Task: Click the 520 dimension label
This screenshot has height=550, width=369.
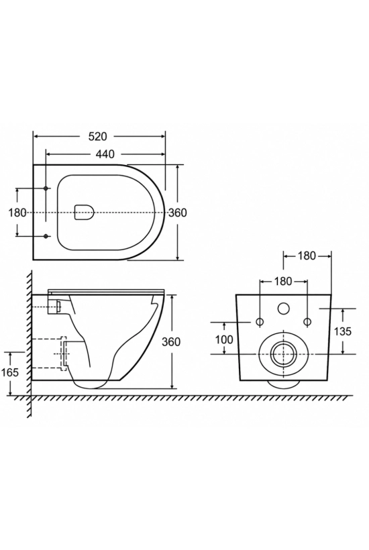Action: point(97,136)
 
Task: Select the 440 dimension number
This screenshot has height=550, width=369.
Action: point(105,154)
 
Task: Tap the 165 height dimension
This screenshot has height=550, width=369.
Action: point(10,372)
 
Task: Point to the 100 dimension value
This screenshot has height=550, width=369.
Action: point(224,339)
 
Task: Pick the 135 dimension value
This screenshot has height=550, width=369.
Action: point(342,331)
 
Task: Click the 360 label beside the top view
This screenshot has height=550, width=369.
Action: point(178,213)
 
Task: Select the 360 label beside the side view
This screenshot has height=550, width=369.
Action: point(171,341)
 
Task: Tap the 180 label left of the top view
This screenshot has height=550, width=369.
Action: point(17,213)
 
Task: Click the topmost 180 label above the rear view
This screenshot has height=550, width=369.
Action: point(307,256)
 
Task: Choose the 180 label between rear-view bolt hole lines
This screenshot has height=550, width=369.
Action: point(283,281)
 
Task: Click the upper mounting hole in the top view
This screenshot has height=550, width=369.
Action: point(46,188)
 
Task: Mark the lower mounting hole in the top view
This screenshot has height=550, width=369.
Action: point(46,236)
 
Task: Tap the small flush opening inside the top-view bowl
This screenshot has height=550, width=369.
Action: point(85,213)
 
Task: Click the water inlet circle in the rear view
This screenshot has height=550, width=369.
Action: point(283,309)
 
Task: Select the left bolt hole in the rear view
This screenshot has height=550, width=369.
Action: point(260,321)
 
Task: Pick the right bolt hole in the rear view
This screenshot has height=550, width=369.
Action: point(307,321)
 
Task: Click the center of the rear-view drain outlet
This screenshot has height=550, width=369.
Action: point(283,353)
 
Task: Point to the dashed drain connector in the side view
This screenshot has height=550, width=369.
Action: point(64,353)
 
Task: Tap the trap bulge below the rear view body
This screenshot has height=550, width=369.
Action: point(283,384)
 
